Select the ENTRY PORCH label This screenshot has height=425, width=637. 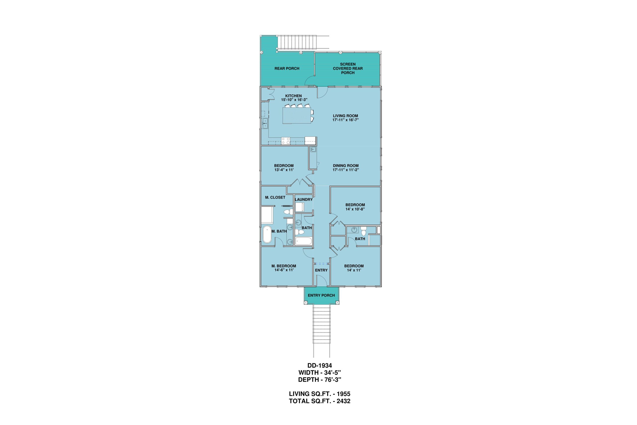click(x=321, y=296)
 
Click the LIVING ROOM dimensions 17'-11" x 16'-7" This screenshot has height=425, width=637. click(x=346, y=120)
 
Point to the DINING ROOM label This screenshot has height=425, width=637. click(x=346, y=166)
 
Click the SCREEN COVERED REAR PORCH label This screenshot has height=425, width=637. click(x=348, y=68)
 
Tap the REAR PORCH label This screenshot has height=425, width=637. click(x=287, y=68)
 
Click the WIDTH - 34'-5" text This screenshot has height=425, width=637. click(x=319, y=373)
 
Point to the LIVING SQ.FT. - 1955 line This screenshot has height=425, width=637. click(x=319, y=394)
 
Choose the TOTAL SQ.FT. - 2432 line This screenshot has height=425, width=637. click(x=319, y=401)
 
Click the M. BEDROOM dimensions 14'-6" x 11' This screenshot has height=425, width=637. click(x=284, y=270)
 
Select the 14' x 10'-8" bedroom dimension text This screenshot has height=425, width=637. click(x=355, y=209)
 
